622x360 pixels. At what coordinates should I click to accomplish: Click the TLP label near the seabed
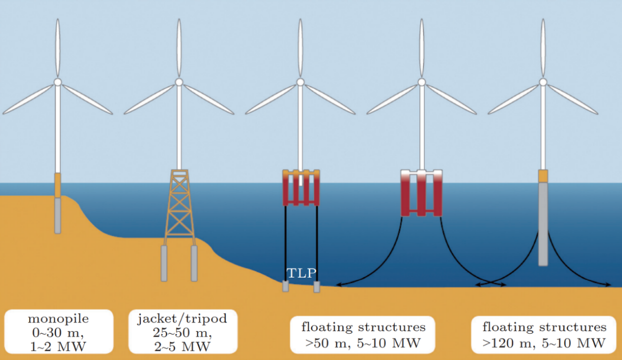301,273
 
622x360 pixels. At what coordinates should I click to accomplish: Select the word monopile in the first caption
58,319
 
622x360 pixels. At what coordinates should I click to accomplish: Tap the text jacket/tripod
182,319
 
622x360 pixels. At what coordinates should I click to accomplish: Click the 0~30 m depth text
58,333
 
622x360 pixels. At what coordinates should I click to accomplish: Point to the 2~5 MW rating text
182,346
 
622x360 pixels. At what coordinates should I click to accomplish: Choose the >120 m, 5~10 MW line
544,343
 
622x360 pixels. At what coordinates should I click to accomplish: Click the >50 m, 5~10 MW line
363,343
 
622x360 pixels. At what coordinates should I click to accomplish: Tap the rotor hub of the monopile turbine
58,82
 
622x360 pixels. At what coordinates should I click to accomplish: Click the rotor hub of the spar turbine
543,82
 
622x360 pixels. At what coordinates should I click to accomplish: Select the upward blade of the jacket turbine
179,48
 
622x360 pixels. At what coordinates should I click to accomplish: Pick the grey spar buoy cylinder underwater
543,224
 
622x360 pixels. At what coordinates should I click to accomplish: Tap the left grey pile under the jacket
164,263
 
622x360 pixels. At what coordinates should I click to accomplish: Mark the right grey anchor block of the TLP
317,287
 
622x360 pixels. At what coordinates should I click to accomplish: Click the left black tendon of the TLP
285,244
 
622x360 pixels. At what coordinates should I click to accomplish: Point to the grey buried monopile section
58,215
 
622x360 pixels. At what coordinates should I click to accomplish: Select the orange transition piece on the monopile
58,185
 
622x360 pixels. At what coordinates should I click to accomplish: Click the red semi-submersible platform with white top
421,193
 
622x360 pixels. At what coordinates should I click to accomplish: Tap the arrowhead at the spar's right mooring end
608,285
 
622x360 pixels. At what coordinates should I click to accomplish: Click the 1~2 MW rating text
58,346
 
